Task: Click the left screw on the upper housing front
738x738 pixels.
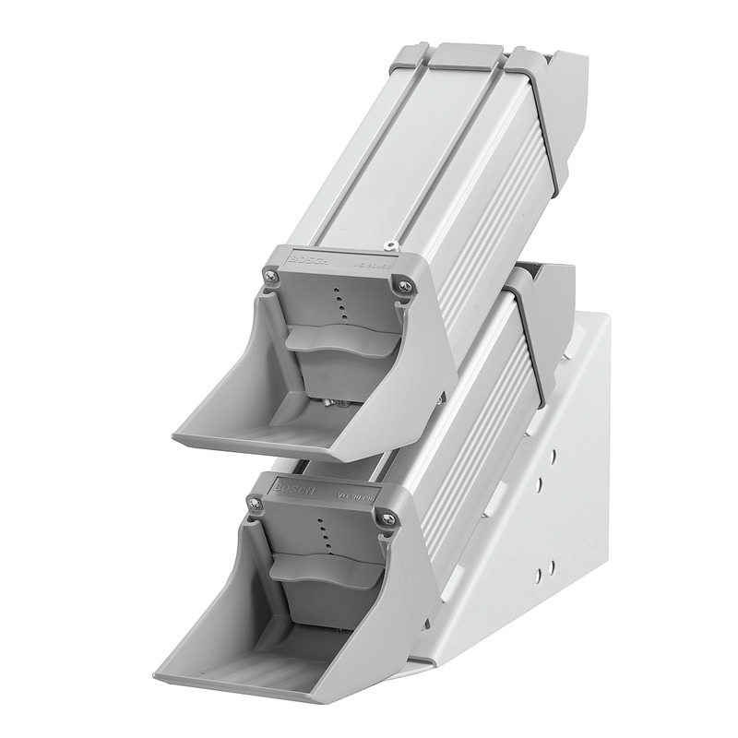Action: [x=269, y=274]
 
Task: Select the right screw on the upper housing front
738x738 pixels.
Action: [x=403, y=288]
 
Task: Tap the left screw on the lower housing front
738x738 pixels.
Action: [x=254, y=503]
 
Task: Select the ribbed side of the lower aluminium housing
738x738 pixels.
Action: [x=480, y=406]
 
